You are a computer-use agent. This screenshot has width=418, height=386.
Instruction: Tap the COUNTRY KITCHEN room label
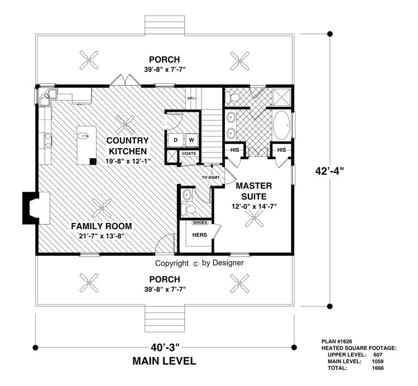[x=128, y=146]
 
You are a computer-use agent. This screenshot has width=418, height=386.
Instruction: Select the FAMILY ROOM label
[x=101, y=226]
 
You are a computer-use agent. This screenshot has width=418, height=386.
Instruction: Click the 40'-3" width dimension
[x=163, y=345]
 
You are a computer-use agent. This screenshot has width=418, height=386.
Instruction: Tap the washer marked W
[x=190, y=140]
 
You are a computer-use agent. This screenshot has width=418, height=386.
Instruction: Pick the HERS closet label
[x=200, y=235]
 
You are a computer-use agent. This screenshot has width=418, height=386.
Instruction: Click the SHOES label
[x=200, y=222]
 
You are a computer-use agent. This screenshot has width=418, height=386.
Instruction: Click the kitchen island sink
[x=84, y=135]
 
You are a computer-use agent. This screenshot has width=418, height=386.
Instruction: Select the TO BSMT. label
[x=212, y=178]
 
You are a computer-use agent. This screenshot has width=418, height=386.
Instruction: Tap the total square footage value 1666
[x=377, y=368]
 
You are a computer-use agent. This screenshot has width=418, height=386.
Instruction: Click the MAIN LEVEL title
[x=164, y=361]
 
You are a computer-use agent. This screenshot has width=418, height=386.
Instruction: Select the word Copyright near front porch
[x=171, y=263]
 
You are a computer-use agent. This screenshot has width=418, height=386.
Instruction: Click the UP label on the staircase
[x=190, y=99]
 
